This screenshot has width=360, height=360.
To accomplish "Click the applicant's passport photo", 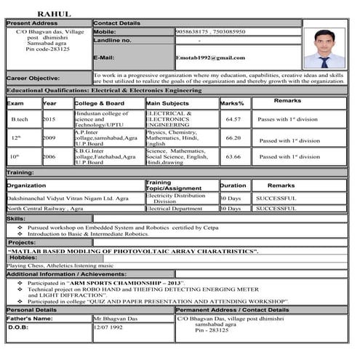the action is coord(323,49).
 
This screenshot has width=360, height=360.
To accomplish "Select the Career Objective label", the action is coord(33,78).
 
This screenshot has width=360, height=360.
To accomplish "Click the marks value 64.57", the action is coord(233,119).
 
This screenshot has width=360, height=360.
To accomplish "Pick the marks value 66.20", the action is coord(233,137).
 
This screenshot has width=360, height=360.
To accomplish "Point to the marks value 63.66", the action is coord(233,156).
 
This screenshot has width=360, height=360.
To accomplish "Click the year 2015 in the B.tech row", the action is coord(49,119).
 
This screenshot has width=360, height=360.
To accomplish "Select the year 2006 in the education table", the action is coord(49,156).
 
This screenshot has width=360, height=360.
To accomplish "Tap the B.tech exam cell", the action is coord(20,119).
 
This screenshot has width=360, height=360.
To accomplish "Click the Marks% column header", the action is coord(232,103).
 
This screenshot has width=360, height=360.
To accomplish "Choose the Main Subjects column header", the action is coord(168,103).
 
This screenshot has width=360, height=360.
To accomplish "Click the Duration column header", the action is coord(233,185).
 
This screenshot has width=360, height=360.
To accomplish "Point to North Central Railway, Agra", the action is coord(45,209).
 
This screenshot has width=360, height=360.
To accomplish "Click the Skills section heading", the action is coord(16,218).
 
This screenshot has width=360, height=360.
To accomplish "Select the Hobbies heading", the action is coord(24,257).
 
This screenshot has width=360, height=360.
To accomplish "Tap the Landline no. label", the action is coord(112,41).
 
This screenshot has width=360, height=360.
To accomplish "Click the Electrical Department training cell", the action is coord(174,209).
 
